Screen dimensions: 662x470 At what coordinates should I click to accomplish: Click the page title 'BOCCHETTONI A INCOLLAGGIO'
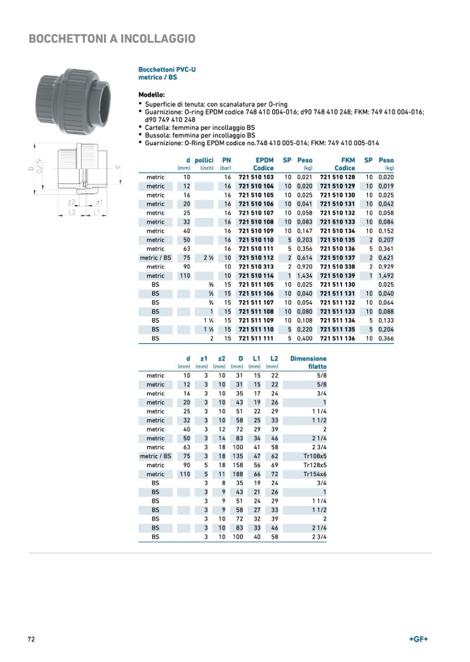tap(112, 39)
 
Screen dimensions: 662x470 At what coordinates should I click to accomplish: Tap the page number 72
tap(31, 639)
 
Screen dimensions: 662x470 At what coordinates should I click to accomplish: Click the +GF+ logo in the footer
tap(418, 639)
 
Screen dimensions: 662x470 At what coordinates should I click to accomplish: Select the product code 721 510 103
tap(256, 177)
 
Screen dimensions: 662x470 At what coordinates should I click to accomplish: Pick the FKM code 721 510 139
tap(338, 275)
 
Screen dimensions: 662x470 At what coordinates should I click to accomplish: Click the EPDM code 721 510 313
tap(256, 266)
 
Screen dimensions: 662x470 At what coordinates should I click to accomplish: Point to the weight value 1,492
tap(386, 275)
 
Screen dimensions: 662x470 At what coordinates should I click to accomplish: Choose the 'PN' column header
tap(226, 160)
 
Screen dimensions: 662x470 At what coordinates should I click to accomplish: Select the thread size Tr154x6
tap(314, 474)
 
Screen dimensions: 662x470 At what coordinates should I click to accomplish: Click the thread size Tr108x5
tap(314, 456)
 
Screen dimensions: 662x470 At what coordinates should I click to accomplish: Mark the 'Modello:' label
tap(152, 95)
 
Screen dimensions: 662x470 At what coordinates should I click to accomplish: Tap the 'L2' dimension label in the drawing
tap(72, 212)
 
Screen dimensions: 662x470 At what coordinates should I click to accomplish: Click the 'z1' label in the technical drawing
tap(99, 202)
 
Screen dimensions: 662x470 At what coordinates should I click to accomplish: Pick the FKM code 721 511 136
tap(338, 338)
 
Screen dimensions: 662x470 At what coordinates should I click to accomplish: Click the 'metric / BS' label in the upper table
tap(155, 257)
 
